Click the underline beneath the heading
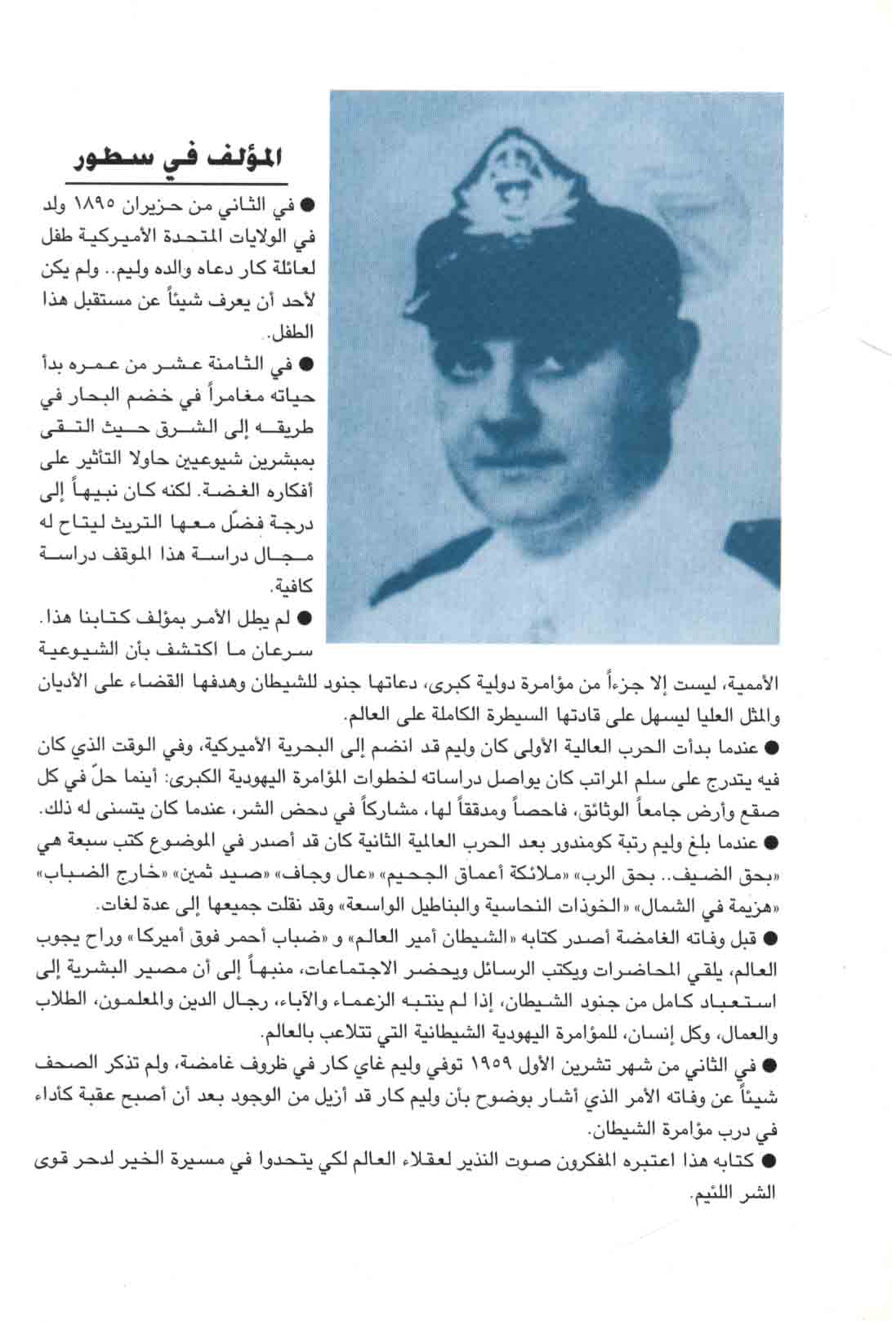[x=176, y=182]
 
